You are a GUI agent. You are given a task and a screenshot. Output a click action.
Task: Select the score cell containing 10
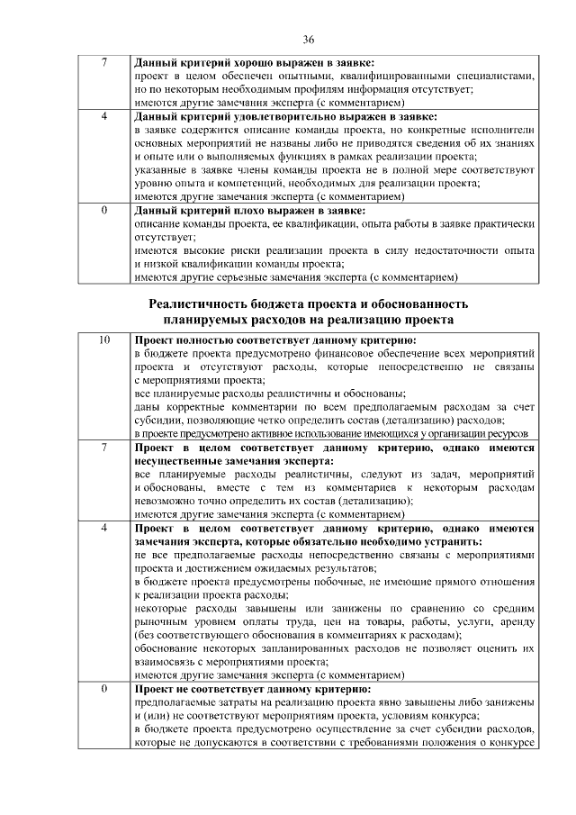pos(104,341)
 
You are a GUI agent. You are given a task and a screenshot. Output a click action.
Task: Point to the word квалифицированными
pos(368,78)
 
